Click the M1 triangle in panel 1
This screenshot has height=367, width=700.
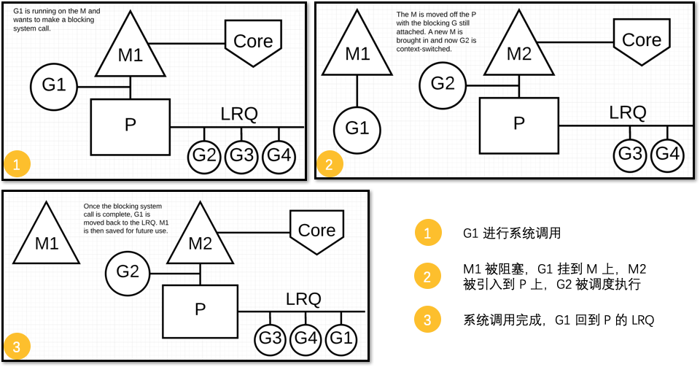tap(130, 54)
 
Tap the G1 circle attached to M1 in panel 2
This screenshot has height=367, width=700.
tap(357, 129)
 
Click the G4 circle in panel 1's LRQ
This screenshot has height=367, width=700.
tap(279, 156)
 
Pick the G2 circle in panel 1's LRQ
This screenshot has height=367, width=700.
tap(205, 156)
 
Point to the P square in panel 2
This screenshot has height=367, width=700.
tap(518, 125)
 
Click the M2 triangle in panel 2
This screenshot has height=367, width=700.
tap(518, 53)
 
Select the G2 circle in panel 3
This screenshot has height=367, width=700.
tap(128, 272)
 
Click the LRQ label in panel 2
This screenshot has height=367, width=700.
tap(628, 112)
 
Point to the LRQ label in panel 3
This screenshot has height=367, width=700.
tap(303, 298)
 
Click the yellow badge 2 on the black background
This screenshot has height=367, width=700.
tap(428, 277)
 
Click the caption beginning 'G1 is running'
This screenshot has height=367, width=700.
tap(57, 20)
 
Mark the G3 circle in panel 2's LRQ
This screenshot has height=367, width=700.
tap(631, 155)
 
